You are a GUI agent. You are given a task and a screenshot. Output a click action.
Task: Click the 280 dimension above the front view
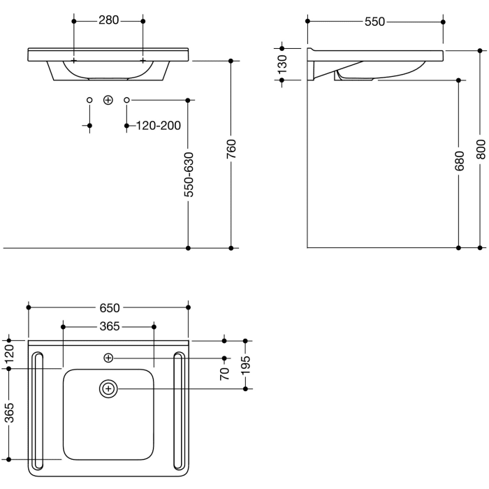tap(108, 20)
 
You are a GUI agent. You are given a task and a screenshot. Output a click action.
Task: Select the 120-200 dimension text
tap(158, 126)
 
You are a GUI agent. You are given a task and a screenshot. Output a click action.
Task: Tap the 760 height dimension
tap(231, 148)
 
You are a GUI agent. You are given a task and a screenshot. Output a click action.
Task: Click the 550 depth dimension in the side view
tap(374, 22)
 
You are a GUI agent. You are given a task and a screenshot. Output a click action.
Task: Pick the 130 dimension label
tap(282, 64)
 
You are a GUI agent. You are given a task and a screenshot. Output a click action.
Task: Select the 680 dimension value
tap(458, 161)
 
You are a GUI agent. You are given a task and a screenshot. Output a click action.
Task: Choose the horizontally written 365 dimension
tap(108, 326)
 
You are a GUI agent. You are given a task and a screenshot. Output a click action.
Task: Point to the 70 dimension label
tap(224, 373)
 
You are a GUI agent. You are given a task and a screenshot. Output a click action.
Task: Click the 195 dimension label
tap(246, 364)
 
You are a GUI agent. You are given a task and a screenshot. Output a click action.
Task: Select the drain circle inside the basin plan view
tap(108, 388)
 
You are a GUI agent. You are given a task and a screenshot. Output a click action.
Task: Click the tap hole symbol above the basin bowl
tap(108, 358)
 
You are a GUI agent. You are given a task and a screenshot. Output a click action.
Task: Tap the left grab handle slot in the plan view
tap(38, 414)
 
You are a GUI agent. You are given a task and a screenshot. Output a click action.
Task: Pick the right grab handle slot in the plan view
tap(179, 414)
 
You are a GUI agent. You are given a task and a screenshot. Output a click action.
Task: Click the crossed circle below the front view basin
tap(108, 100)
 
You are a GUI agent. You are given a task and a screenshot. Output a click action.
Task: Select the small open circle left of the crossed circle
tap(89, 100)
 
